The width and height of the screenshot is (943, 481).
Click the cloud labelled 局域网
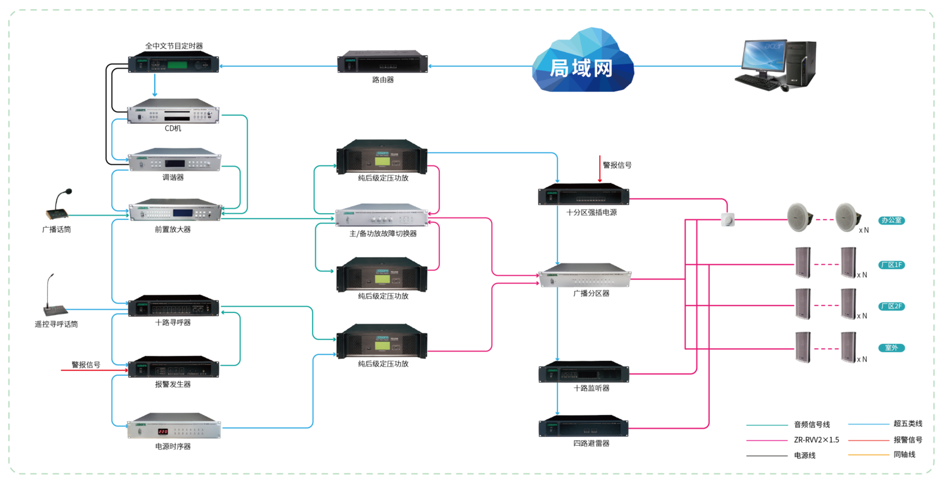pos(582,63)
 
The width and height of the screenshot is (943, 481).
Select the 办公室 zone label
pos(892,221)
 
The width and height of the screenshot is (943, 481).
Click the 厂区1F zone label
pos(892,265)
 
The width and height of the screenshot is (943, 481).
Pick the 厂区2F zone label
pos(892,306)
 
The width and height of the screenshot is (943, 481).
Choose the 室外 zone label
pos(892,348)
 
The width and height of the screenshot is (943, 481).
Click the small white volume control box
pos(727,219)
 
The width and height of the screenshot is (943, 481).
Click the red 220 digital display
pos(162,432)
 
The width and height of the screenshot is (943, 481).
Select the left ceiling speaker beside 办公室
pos(800,216)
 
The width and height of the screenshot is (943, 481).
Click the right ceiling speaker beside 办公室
pos(847,216)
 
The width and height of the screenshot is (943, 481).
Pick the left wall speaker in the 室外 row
pos(802,347)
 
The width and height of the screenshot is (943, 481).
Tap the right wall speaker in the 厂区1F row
pos(848,262)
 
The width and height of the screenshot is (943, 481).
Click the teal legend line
pos(767,425)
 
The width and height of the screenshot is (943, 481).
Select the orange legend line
pos(869,455)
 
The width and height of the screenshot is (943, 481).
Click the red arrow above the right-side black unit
pos(600,169)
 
